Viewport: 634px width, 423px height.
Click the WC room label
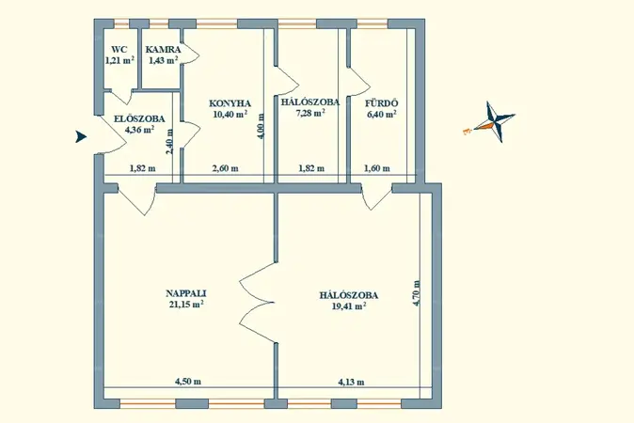119,50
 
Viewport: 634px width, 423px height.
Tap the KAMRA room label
163,50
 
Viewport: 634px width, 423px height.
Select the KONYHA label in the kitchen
230,103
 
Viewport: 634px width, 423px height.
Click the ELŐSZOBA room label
139,119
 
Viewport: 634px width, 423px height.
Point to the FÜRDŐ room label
382,102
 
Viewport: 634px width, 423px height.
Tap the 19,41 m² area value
349,306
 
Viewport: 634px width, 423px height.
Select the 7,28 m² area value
311,113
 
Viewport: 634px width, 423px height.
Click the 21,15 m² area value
186,305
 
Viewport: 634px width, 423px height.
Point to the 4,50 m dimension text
188,382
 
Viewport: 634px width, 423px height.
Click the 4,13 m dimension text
351,382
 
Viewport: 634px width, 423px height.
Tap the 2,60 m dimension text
225,168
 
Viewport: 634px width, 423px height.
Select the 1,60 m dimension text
377,168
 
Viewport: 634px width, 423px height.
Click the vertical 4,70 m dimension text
417,293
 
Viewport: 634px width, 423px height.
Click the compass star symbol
496,121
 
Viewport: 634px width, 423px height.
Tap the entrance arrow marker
81,137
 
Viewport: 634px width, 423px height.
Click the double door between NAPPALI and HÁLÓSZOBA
257,302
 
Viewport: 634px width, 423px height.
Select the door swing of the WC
121,97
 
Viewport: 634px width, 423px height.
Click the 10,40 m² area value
230,114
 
